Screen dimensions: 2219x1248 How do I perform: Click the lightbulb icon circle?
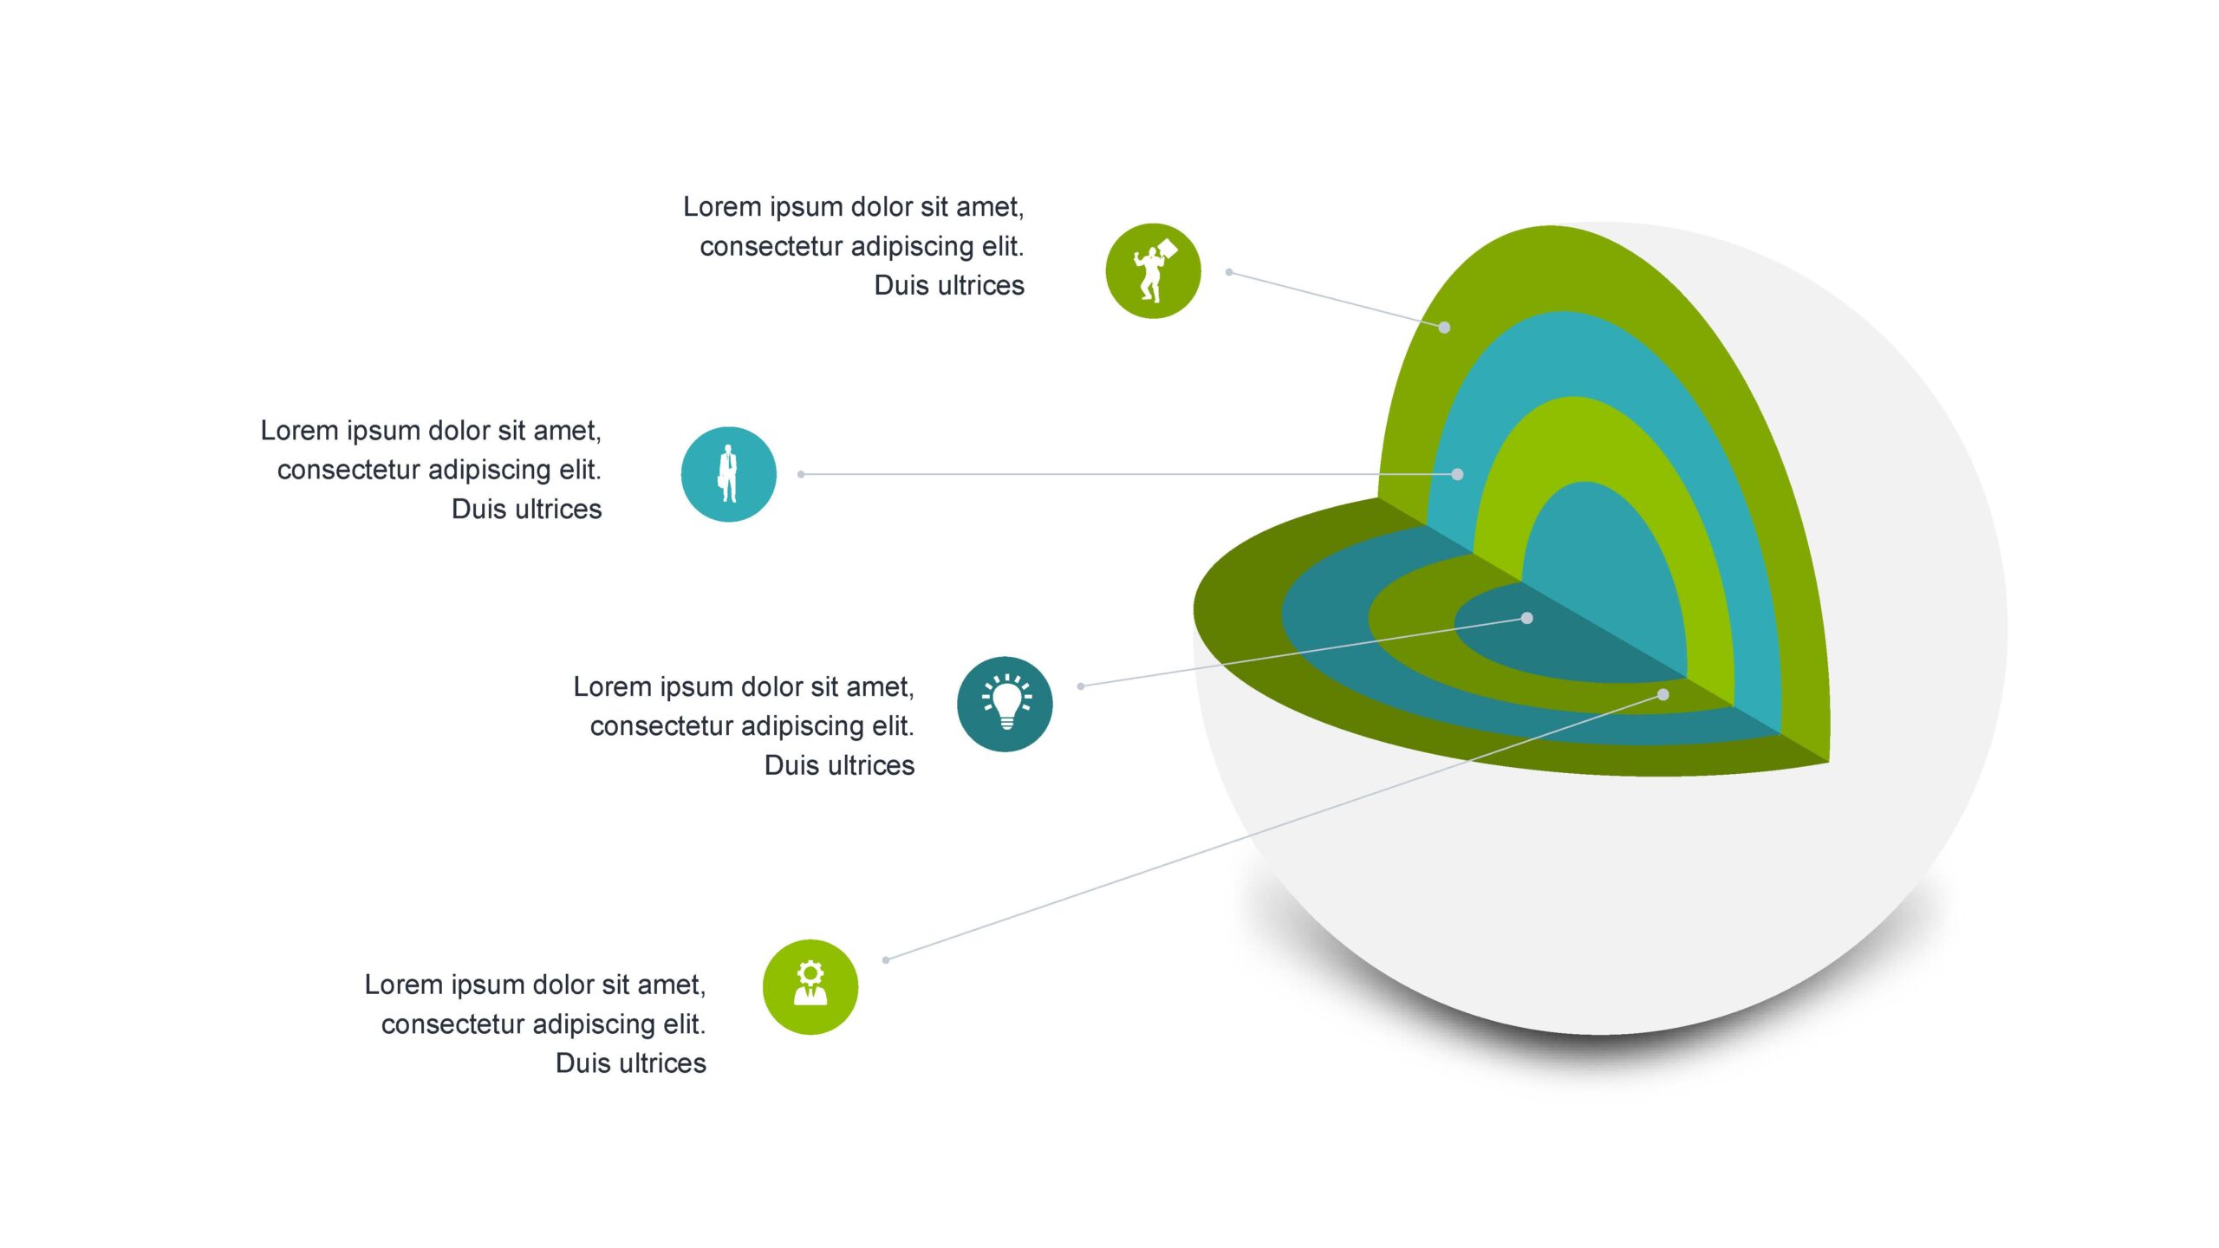tap(1005, 704)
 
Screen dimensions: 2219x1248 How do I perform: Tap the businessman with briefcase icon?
tap(728, 474)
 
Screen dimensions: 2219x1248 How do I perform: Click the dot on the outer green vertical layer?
tap(1444, 327)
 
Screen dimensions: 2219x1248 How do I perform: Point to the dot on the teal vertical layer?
tap(1457, 474)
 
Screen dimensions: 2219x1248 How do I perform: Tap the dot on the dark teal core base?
tap(1527, 618)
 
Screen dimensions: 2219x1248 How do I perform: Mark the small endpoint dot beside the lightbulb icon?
tap(1081, 686)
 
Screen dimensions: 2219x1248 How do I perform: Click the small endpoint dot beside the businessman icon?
tap(801, 474)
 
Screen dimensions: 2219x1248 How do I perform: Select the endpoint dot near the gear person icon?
tap(886, 959)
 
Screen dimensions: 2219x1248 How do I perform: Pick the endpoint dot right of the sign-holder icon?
tap(1229, 272)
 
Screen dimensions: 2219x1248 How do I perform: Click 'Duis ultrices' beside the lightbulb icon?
tap(839, 765)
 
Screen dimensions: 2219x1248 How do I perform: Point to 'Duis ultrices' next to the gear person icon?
tap(631, 1063)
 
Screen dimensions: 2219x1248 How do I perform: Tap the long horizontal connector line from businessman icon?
tap(1129, 474)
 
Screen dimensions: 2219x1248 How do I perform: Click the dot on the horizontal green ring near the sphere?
tap(1663, 694)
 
